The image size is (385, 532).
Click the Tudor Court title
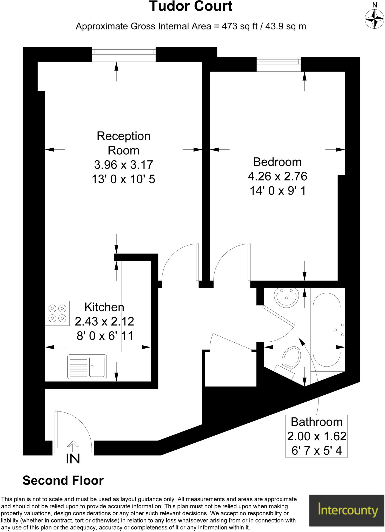pyautogui.click(x=191, y=7)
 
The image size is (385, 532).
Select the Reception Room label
pyautogui.click(x=124, y=143)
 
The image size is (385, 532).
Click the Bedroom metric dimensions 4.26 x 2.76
pyautogui.click(x=277, y=176)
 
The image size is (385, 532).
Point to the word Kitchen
pyautogui.click(x=104, y=307)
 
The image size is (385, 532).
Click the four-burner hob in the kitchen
pyautogui.click(x=57, y=313)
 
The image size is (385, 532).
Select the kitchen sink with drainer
pyautogui.click(x=87, y=367)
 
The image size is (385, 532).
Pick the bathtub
pyautogui.click(x=327, y=330)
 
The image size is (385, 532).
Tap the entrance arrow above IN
pyautogui.click(x=73, y=446)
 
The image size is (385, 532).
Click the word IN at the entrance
pyautogui.click(x=73, y=459)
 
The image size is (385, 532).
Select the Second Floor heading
pyautogui.click(x=63, y=481)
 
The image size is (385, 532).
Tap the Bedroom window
pyautogui.click(x=278, y=62)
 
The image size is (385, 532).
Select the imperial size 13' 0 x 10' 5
pyautogui.click(x=124, y=179)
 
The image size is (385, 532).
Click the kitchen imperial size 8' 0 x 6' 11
pyautogui.click(x=105, y=336)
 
